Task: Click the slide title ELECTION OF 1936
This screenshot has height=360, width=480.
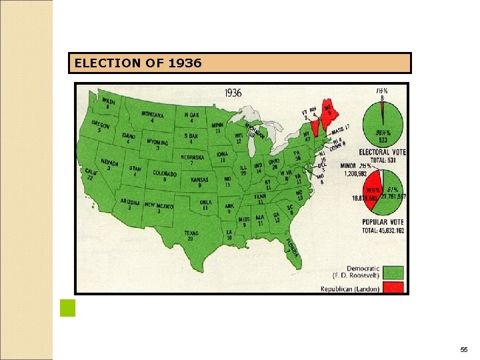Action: click(138, 63)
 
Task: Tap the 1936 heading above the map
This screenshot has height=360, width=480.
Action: click(233, 93)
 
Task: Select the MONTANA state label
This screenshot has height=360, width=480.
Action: click(153, 115)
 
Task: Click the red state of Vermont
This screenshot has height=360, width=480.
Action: click(314, 127)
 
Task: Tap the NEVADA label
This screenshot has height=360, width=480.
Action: click(109, 163)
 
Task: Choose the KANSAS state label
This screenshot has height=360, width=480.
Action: click(199, 181)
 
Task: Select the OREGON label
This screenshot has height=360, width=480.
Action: click(100, 126)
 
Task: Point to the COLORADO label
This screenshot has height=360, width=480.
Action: click(164, 174)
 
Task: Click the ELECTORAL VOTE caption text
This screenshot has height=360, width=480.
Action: click(383, 153)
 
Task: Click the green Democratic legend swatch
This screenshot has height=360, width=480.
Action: click(393, 272)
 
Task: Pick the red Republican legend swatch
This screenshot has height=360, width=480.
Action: click(393, 288)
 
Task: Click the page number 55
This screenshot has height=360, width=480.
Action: click(464, 349)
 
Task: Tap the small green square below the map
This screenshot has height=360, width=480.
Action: click(67, 308)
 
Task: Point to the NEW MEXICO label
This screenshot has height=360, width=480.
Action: click(159, 206)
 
